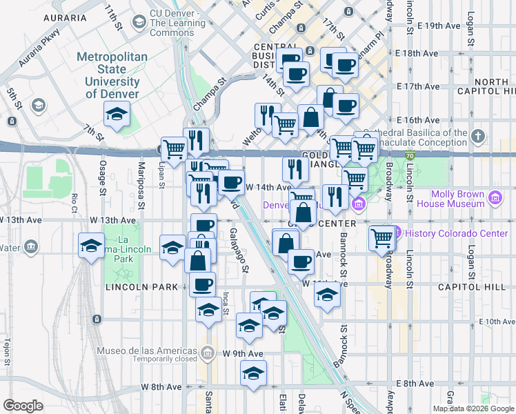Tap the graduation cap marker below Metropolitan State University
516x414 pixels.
tap(117, 115)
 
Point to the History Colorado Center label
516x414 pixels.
tap(455, 233)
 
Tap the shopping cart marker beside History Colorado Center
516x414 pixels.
tap(381, 239)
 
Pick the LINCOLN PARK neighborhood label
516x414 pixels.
tap(142, 286)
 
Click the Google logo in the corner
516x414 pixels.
tap(23, 406)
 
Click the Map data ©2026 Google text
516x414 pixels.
tap(473, 408)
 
